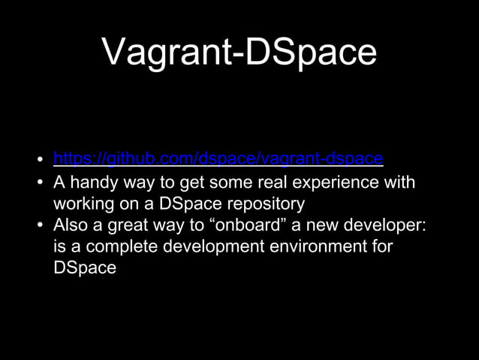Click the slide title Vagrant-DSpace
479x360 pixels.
tap(239, 53)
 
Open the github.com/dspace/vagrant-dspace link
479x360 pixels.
tap(218, 159)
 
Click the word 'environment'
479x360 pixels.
tap(315, 246)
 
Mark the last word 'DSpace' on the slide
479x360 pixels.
tap(85, 267)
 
